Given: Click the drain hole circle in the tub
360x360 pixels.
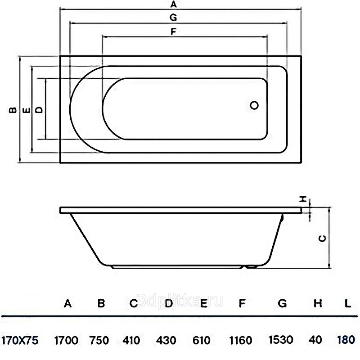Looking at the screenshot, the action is [254, 105].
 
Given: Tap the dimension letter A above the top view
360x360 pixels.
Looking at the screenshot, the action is [174, 4].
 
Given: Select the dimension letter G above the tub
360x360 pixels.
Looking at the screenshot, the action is [173, 18].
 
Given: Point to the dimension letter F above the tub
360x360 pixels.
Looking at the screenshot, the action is [173, 31].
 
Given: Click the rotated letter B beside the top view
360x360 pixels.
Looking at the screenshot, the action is [13, 110].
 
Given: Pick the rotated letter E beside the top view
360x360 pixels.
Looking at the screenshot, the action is [27, 111].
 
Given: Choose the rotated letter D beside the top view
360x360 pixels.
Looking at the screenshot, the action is [40, 110].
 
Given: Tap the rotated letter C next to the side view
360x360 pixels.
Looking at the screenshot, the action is [323, 238].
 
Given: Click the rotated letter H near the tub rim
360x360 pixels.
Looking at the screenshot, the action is [303, 199].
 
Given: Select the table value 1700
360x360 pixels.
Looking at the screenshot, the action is [66, 340].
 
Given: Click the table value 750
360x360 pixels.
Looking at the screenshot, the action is [99, 340].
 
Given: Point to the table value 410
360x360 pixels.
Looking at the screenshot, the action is [131, 340].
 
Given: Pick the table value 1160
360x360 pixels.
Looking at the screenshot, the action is [241, 340].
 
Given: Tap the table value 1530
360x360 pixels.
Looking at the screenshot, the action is [281, 340].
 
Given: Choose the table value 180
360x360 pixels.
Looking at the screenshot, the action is [346, 340].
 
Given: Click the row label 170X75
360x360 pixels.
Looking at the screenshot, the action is [20, 340].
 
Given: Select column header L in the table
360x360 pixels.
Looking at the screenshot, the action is [348, 303].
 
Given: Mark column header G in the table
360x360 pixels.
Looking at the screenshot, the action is [282, 303].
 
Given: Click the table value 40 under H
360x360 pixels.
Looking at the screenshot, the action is [315, 340].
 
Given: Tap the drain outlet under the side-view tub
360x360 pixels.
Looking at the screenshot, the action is [251, 267].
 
